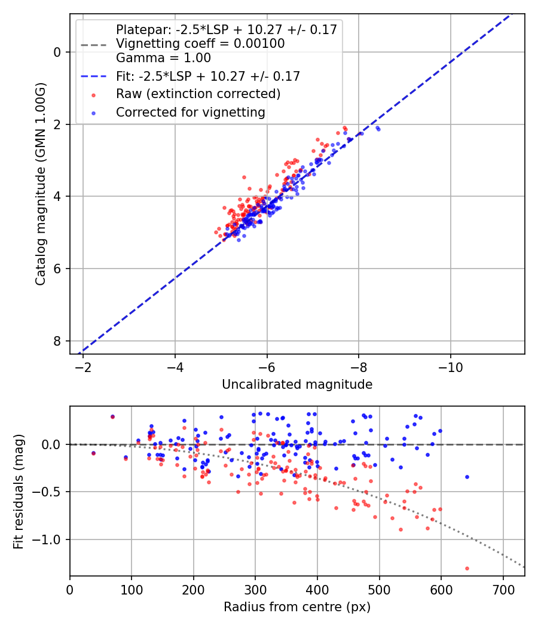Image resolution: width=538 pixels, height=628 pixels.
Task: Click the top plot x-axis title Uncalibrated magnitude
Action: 297,385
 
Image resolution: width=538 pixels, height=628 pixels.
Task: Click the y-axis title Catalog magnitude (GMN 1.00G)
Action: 41,184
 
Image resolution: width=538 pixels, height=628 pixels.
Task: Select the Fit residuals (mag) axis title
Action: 19,491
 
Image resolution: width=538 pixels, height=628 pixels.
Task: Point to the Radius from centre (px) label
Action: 297,607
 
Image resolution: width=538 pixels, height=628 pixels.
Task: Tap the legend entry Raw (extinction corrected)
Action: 198,94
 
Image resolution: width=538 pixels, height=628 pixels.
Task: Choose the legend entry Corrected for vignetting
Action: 191,112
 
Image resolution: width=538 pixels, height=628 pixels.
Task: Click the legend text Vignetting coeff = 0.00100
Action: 200,44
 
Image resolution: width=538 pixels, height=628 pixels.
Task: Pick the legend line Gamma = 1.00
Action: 163,58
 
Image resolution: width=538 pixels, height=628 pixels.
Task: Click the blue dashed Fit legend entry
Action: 207,76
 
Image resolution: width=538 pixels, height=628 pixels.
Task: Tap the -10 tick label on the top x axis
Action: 451,366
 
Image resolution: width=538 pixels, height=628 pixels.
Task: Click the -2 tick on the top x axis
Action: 83,366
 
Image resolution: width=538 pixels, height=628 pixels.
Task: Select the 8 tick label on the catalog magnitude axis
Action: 58,341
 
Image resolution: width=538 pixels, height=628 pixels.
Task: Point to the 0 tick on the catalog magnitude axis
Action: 58,53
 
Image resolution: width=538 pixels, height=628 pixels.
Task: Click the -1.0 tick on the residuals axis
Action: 50,540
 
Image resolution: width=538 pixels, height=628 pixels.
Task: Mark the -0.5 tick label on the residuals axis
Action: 50,492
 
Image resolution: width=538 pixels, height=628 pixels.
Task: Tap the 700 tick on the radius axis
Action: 503,589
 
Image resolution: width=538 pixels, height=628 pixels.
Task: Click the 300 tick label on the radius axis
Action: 255,589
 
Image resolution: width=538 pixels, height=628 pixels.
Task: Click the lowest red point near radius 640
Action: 467,568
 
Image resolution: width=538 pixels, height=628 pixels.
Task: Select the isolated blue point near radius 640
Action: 467,477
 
